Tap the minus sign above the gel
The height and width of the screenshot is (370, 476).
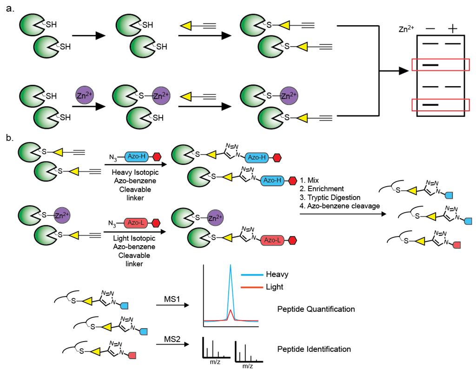coord(430,29)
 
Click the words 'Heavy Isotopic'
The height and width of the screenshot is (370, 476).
coord(131,173)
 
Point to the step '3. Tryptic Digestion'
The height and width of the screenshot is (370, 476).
coord(331,197)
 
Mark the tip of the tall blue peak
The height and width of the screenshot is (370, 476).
coord(230,266)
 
